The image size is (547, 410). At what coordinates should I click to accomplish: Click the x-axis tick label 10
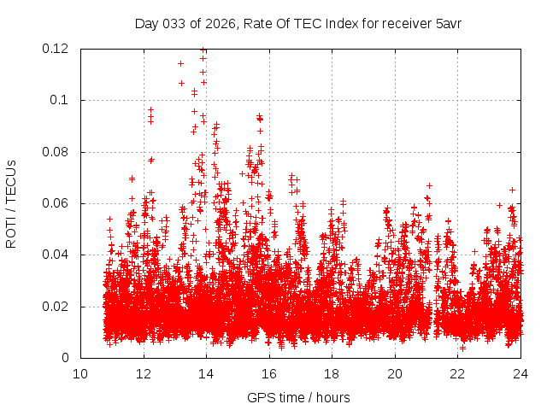tap(80, 374)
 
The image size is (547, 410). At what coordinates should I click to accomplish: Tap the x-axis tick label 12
tap(144, 374)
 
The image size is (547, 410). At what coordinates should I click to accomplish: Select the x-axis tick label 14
tap(206, 374)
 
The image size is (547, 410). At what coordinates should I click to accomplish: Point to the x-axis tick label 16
tap(269, 374)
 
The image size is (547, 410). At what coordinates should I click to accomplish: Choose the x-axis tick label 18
tap(332, 374)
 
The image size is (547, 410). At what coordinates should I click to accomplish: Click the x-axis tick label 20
tap(395, 374)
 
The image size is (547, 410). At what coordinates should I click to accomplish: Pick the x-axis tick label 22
tap(458, 374)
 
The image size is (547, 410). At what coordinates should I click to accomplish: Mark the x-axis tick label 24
tap(521, 374)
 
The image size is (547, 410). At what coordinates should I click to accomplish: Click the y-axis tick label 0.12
tap(56, 49)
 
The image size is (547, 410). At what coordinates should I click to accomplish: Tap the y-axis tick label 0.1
tap(60, 100)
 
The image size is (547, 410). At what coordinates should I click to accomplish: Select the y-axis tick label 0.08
tap(56, 152)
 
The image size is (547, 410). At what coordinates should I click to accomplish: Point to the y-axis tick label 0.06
tap(56, 203)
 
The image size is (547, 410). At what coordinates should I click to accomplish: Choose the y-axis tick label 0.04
tap(56, 255)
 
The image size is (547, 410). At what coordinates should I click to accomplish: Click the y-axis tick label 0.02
tap(56, 307)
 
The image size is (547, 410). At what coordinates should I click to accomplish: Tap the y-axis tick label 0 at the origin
tap(67, 358)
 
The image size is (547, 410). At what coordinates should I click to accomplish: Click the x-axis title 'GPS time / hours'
tap(298, 397)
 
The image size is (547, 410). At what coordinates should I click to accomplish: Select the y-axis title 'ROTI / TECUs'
tap(12, 203)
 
